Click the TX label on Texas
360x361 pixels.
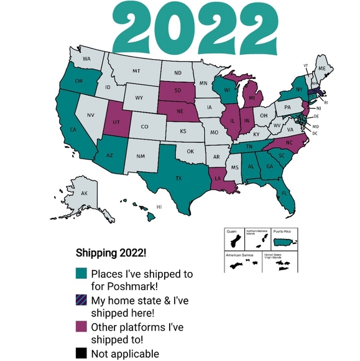[x=179, y=179]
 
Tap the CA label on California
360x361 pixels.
[x=73, y=130]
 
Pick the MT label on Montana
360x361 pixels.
[x=136, y=72]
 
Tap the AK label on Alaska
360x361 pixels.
[x=85, y=194]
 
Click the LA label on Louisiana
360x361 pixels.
[x=218, y=177]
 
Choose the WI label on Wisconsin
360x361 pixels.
[x=228, y=89]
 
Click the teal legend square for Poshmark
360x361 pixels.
[x=81, y=273]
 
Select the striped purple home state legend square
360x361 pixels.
[x=81, y=300]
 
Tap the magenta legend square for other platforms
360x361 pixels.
[x=81, y=327]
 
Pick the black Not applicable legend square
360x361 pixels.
[x=81, y=354]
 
